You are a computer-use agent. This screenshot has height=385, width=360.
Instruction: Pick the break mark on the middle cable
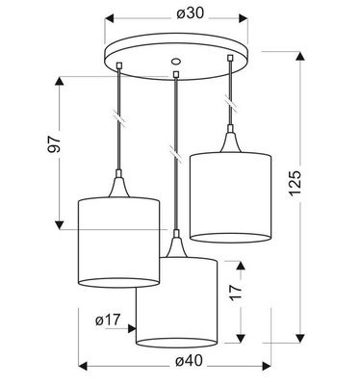174,152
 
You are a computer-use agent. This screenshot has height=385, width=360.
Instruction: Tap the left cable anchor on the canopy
117,65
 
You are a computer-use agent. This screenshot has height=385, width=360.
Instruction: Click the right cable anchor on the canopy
230,60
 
